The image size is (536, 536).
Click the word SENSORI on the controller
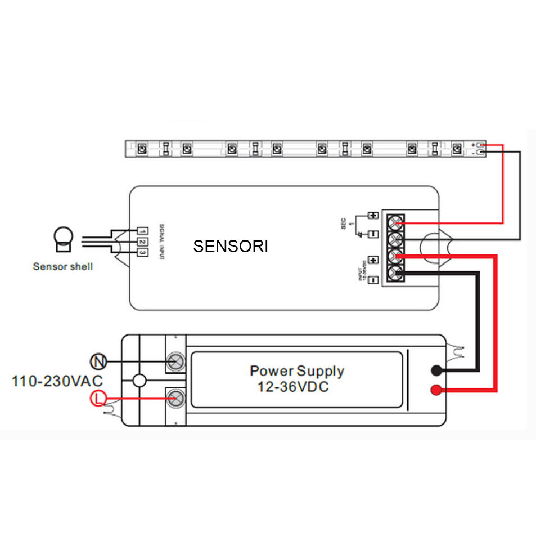point(230,247)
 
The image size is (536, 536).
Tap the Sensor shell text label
point(63,266)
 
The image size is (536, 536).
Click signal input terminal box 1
point(143,231)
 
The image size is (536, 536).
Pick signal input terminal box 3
point(143,252)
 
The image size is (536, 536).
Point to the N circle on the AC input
point(97,360)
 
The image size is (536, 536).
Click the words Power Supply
point(296,371)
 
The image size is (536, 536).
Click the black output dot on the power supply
point(436,370)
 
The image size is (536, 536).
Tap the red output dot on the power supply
point(436,390)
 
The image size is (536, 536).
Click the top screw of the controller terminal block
point(398,220)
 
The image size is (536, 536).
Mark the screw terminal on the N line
point(177,360)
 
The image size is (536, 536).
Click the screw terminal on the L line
point(177,399)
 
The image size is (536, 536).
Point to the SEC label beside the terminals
point(344,225)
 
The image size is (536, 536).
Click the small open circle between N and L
point(139,381)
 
